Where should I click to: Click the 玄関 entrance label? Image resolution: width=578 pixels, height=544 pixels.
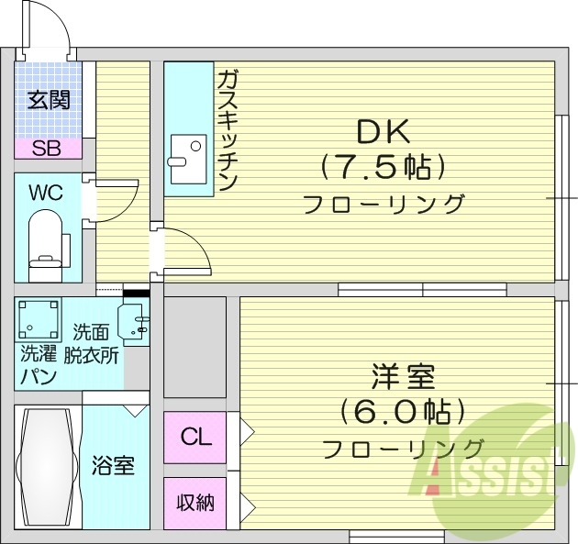pos(49,100)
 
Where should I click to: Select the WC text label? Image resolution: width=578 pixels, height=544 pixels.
pos(46,193)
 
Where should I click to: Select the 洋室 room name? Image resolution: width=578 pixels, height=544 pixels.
pos(403,377)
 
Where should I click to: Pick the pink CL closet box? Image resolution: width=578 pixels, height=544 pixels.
pos(195,438)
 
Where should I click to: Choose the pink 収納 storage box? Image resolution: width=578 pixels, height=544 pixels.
pos(195,502)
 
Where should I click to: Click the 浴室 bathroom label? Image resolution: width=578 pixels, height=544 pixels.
pos(113,465)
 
